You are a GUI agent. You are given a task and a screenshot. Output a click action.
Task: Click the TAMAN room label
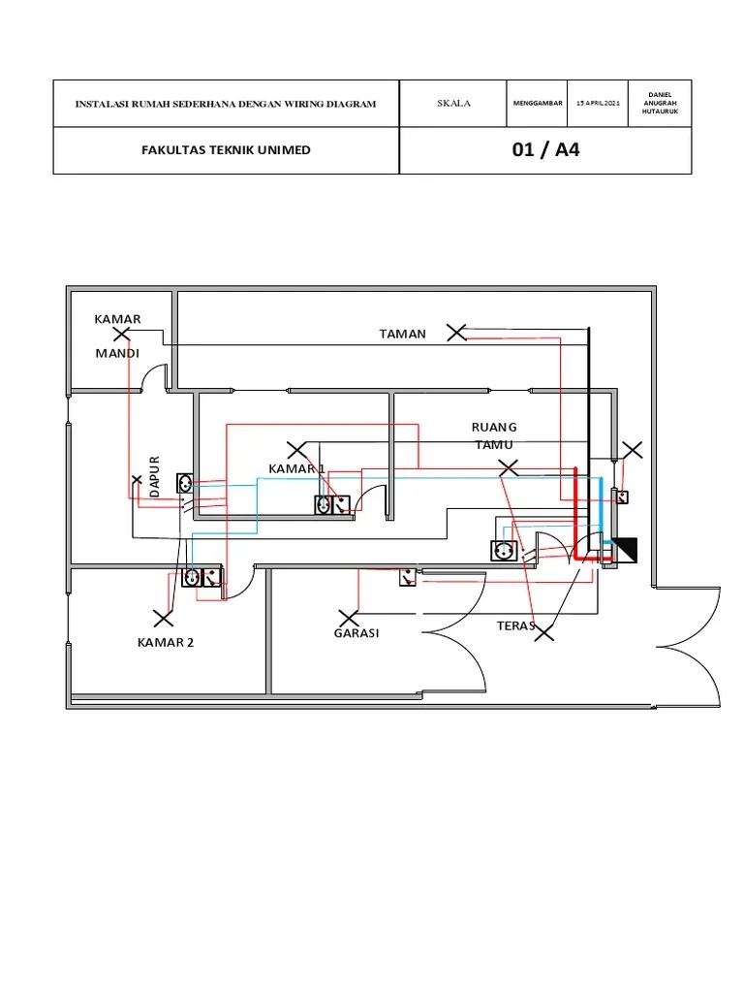pos(402,334)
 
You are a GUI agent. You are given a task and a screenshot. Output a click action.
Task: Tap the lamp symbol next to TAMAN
pos(456,332)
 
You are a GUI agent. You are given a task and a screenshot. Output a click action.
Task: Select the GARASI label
pos(356,632)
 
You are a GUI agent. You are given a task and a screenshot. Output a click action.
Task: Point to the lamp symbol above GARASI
pos(348,618)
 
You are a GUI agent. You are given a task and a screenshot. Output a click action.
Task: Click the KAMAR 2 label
pos(165,642)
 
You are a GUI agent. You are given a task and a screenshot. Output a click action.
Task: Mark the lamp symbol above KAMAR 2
pos(163,618)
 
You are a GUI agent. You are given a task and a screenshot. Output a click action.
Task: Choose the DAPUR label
pos(154,475)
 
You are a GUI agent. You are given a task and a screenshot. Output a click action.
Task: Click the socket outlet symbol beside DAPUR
pos(185,484)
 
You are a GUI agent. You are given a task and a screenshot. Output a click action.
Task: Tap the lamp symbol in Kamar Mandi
pos(121,334)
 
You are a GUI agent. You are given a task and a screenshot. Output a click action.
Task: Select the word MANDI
pos(117,353)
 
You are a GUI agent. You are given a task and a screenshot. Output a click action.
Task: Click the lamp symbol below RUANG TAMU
pos(508,468)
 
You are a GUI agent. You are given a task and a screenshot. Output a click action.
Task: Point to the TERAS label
pos(515,625)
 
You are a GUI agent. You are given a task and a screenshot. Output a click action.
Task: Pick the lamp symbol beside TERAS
pos(544,631)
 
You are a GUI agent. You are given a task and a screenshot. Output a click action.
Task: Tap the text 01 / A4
pos(545,150)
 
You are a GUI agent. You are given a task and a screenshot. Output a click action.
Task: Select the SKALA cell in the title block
pos(453,103)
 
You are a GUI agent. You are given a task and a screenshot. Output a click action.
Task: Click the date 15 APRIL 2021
pos(598,103)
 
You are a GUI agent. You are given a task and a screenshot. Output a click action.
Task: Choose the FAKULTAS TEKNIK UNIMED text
pos(226,150)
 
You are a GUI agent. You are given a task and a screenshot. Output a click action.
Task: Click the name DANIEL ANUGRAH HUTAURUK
pos(660,103)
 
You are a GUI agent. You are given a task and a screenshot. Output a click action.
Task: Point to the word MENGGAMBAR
pos(537,103)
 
